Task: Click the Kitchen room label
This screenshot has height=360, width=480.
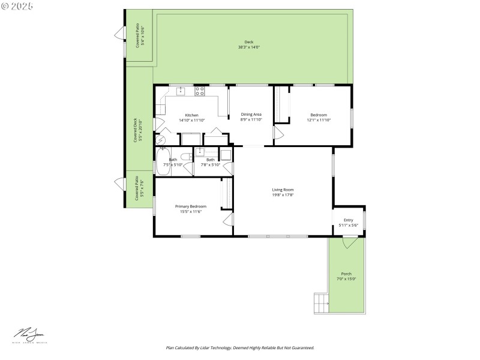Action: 191,115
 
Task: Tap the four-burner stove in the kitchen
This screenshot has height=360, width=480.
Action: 200,91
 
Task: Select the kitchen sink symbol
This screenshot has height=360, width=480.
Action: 181,91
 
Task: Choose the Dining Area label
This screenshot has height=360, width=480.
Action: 251,114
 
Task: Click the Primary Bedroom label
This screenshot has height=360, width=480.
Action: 190,206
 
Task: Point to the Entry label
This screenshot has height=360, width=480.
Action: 348,220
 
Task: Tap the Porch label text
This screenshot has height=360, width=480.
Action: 346,274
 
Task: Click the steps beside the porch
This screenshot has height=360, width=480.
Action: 321,302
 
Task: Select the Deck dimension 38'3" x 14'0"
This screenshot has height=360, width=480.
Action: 248,47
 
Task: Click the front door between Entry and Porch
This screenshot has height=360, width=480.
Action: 349,242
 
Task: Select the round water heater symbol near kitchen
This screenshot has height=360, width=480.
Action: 160,139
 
